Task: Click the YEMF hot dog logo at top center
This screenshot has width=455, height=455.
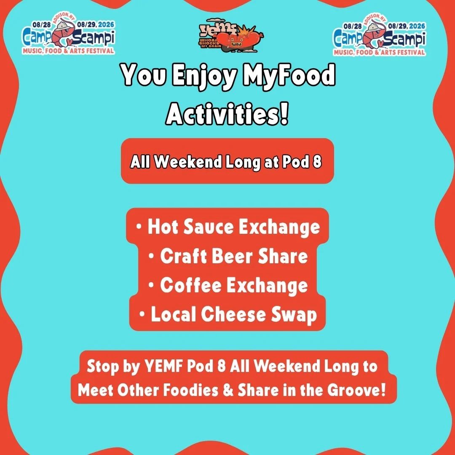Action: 231,36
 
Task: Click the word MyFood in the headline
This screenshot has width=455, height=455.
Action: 289,75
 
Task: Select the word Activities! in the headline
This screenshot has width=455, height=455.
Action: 227,113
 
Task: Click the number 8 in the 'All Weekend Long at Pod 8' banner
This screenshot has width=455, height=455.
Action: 317,161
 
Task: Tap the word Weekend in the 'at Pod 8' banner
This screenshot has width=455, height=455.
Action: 188,161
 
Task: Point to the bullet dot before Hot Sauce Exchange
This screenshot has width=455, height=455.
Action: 139,226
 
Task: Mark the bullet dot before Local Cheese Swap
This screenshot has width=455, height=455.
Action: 142,314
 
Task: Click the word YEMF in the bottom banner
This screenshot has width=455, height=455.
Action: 163,366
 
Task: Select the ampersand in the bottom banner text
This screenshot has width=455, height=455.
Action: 228,390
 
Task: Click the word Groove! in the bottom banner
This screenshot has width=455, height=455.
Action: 356,390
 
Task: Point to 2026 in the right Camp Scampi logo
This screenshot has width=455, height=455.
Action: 417,26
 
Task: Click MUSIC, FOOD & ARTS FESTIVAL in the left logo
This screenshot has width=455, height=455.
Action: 69,51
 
